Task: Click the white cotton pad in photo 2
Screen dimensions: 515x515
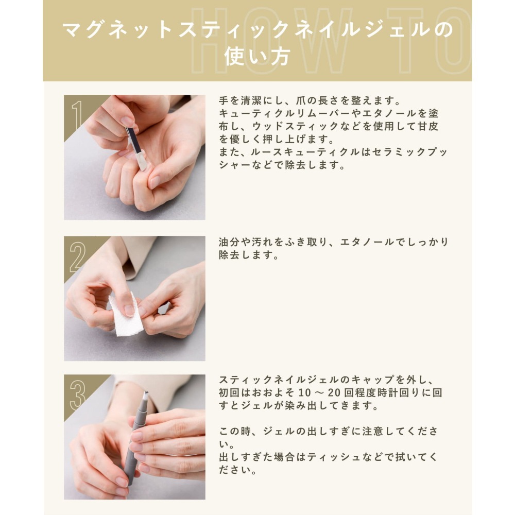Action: pos(126,315)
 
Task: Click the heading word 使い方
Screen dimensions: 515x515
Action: pos(257,57)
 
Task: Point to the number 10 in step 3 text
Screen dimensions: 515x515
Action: pos(304,392)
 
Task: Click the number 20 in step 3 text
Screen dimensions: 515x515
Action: pos(334,392)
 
